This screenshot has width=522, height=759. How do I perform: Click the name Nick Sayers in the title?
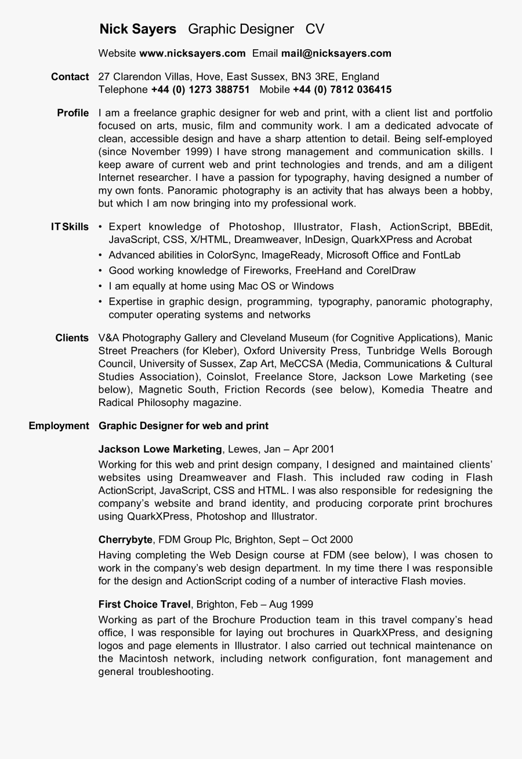point(137,29)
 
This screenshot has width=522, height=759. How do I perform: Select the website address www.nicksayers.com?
point(193,53)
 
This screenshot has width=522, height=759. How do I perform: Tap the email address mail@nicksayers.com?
point(336,53)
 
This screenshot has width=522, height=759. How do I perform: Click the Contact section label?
point(70,77)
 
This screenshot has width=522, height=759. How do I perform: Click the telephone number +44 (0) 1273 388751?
point(200,89)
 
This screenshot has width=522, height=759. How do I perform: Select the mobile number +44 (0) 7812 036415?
point(342,89)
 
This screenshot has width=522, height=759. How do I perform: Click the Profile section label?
point(73,112)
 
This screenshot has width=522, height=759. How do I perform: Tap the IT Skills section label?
point(70,227)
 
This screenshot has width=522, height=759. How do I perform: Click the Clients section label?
point(72,337)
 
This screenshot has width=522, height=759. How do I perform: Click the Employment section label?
point(59,426)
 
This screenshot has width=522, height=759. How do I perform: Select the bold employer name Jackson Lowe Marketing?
point(160,449)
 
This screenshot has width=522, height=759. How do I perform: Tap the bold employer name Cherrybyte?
point(125,539)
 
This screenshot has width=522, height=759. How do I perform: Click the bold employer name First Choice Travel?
point(144,604)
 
